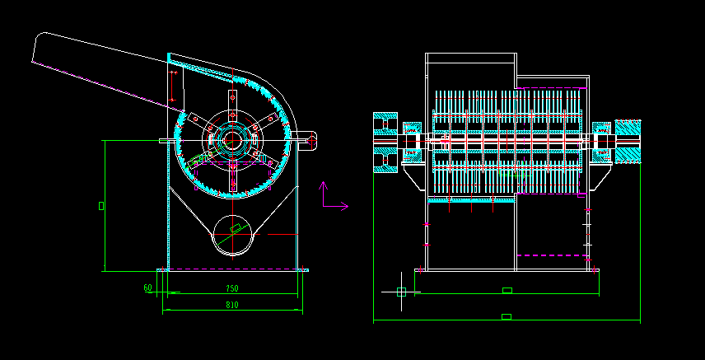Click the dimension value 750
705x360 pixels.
pyautogui.click(x=232, y=288)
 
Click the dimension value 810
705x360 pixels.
pyautogui.click(x=232, y=306)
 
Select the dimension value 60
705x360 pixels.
pyautogui.click(x=147, y=288)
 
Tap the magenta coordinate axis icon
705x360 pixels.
pyautogui.click(x=330, y=198)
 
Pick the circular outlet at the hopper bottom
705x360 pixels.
pyautogui.click(x=234, y=234)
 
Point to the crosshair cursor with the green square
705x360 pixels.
pyautogui.click(x=401, y=292)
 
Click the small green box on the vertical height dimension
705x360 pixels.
pyautogui.click(x=101, y=205)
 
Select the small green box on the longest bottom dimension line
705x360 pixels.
pyautogui.click(x=507, y=316)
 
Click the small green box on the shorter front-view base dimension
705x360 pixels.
pyautogui.click(x=507, y=290)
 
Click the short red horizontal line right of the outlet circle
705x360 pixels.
pyautogui.click(x=280, y=235)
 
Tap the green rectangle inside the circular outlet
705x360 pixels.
pyautogui.click(x=236, y=227)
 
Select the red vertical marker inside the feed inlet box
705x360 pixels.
pyautogui.click(x=173, y=86)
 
